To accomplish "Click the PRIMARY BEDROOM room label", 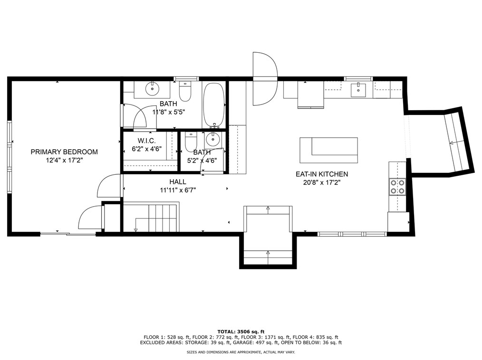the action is tap(64, 152).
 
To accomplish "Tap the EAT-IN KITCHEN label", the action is tap(322, 174).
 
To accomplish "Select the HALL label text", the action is tap(178, 182).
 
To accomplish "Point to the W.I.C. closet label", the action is tap(146, 141).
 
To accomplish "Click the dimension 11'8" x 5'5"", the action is tap(168, 112).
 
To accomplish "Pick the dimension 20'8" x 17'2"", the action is tap(322, 182).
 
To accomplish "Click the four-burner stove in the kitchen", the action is tap(397, 187).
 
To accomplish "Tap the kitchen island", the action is tap(328, 150).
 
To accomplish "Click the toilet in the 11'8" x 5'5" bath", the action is tap(185, 91).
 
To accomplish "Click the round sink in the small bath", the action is tap(212, 140).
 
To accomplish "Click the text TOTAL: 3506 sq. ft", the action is tap(241, 332).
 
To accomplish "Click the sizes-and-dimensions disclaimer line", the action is tap(241, 352).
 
